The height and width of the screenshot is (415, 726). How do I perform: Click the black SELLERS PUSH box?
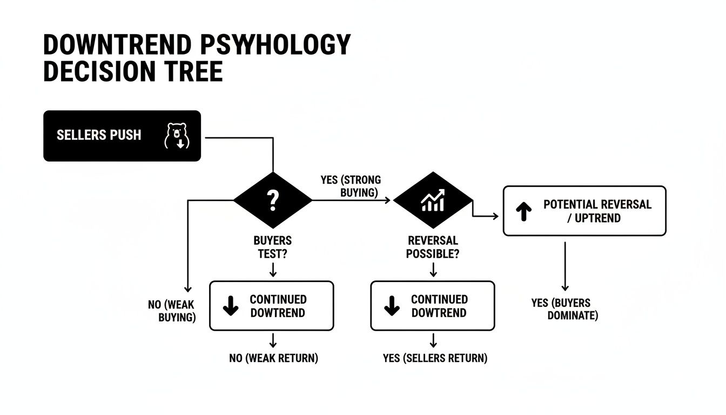[x=122, y=136]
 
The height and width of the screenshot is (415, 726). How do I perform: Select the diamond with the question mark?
[x=273, y=200]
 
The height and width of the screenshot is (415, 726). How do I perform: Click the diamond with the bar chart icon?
[x=432, y=200]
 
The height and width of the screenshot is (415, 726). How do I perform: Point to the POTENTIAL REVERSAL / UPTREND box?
[x=584, y=211]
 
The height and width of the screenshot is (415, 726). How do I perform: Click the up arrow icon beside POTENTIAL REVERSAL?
[x=523, y=212]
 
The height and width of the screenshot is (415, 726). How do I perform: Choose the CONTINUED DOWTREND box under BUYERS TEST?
[x=271, y=306]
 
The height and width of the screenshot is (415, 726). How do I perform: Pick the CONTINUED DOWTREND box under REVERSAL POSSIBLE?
[x=432, y=306]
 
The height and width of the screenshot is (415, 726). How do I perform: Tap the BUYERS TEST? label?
[x=272, y=247]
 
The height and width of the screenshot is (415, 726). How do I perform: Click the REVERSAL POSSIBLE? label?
[x=433, y=247]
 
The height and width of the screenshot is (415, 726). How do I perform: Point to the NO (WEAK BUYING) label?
[x=172, y=311]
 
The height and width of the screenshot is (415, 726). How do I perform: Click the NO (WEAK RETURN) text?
[x=273, y=358]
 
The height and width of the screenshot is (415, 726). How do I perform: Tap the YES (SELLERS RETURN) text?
[x=435, y=358]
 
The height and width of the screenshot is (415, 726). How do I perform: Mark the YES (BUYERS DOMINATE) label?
[x=565, y=309]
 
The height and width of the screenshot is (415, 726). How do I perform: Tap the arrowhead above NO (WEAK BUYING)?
[x=187, y=288]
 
